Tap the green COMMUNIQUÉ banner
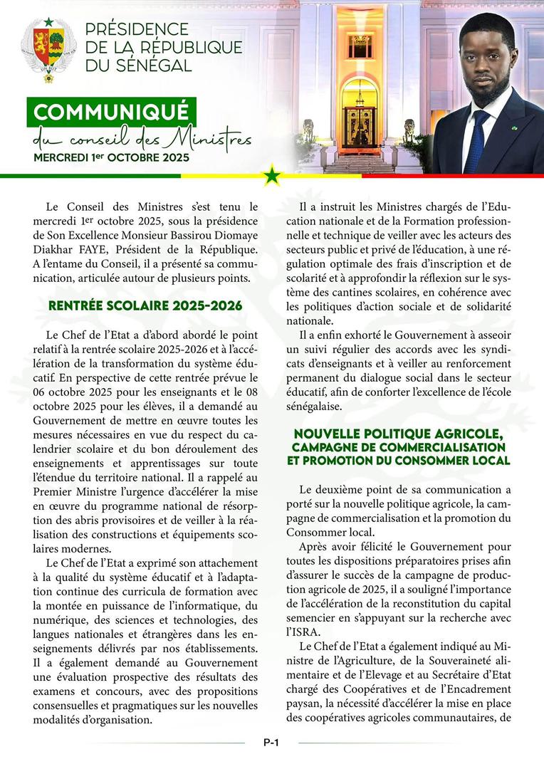111,112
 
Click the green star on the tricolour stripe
272,174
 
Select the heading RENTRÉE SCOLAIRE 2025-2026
145,307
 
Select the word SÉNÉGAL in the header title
156,66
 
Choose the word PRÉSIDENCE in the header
137,30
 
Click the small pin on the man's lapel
513,128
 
